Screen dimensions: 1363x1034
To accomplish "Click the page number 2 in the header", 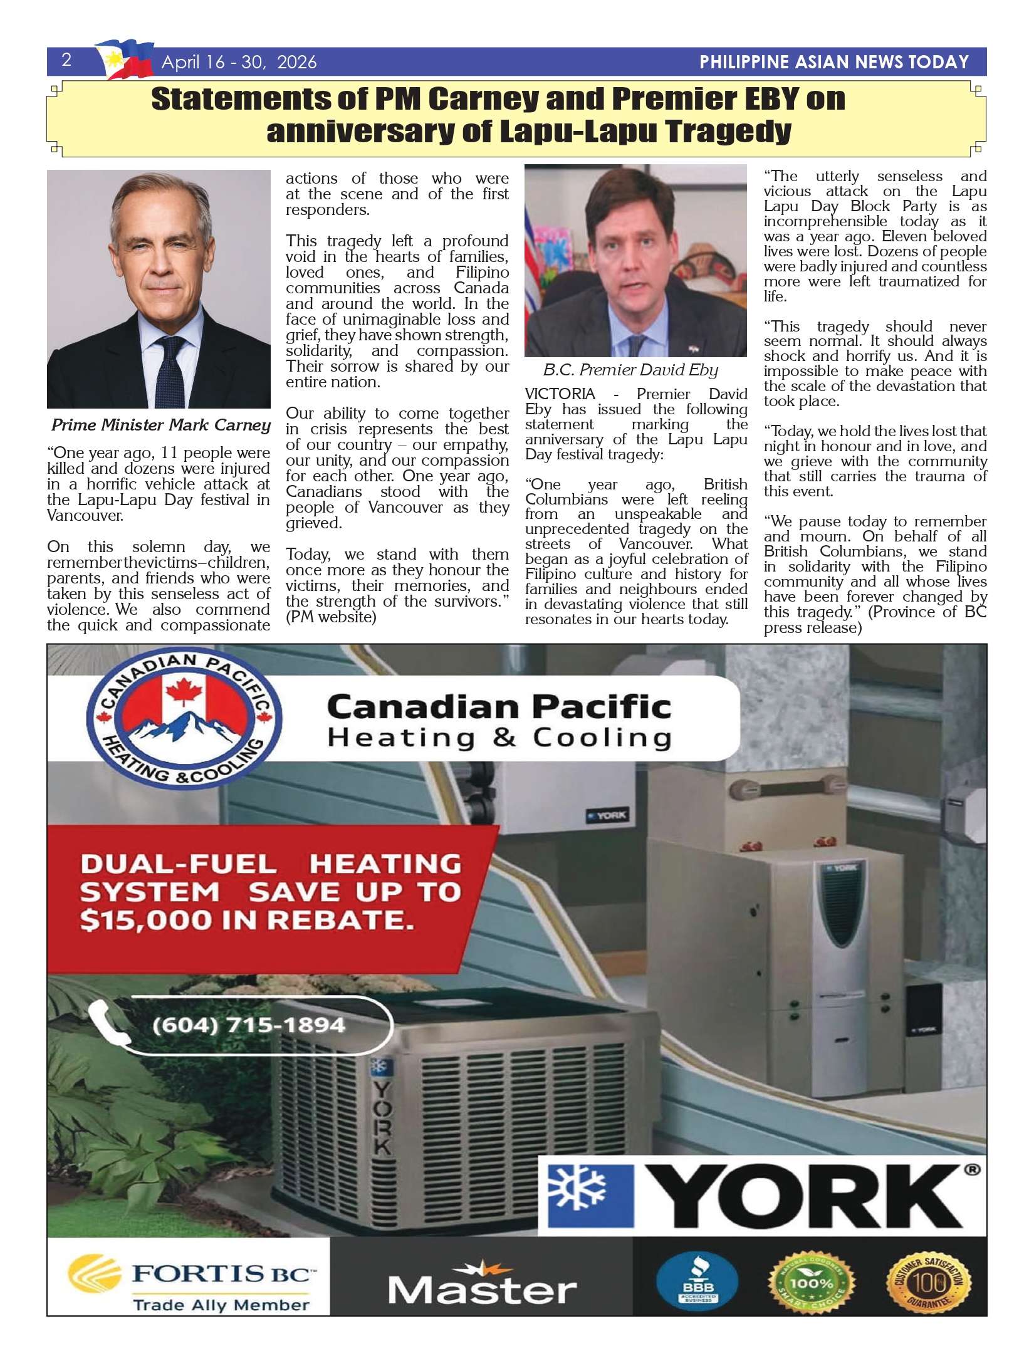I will click(x=66, y=60).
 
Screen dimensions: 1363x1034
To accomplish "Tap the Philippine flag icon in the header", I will click(x=124, y=59).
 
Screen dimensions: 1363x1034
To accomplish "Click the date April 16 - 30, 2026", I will click(x=239, y=62).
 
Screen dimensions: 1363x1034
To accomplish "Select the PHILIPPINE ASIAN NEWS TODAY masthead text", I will click(x=833, y=62).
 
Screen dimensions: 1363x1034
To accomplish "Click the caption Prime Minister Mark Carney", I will click(x=160, y=425).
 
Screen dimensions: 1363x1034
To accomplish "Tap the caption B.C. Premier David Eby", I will click(x=630, y=370).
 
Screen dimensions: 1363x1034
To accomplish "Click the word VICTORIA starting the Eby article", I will click(x=560, y=394).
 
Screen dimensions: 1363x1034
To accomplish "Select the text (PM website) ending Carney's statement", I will click(x=331, y=617).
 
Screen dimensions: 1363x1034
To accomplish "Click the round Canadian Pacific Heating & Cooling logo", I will click(x=184, y=723).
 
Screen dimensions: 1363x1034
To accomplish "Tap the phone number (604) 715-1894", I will click(x=248, y=1025).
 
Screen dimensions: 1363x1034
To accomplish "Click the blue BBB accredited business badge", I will click(x=698, y=1283).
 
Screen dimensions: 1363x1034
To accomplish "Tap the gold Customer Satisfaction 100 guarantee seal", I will click(x=929, y=1283).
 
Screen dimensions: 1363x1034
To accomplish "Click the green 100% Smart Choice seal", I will click(x=812, y=1283).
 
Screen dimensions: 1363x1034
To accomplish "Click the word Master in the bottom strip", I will click(x=482, y=1290).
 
